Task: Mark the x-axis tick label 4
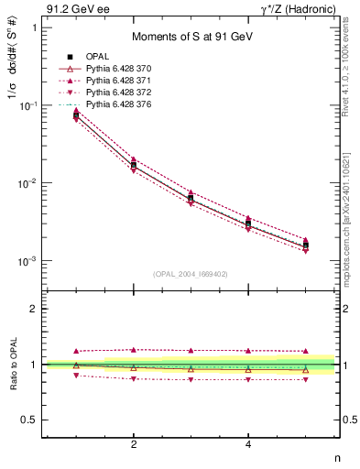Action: [x=248, y=445]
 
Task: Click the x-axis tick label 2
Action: [x=134, y=445]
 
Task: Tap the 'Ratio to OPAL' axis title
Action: [x=13, y=365]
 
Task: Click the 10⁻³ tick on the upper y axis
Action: [x=28, y=261]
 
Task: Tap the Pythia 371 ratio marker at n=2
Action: [x=134, y=349]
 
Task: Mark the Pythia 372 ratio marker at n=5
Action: [x=306, y=379]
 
